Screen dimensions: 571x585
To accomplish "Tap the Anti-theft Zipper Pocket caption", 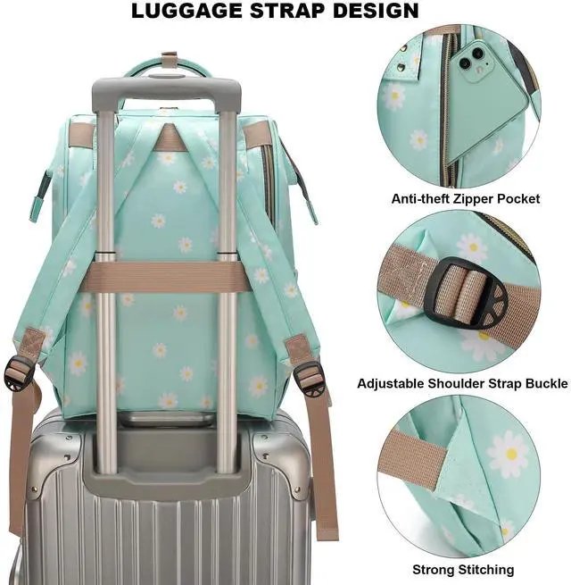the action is (x=466, y=198).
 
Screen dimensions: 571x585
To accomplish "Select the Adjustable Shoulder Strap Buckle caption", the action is (x=462, y=383).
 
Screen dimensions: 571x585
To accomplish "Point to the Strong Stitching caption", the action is (x=463, y=569).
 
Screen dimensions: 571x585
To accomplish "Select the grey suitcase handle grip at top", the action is (x=166, y=92).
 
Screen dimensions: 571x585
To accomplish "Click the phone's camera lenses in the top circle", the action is (x=466, y=59).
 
